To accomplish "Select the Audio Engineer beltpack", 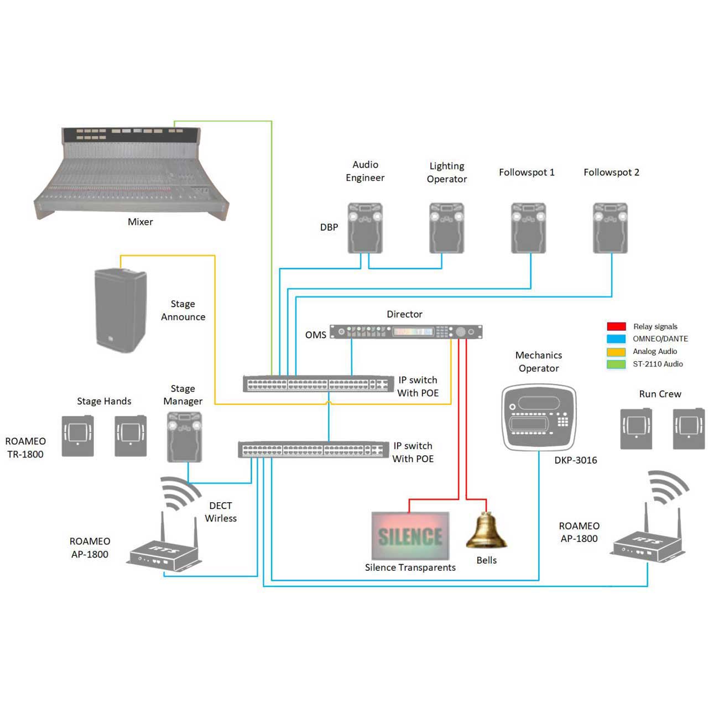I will click(x=365, y=228).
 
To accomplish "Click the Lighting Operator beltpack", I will click(x=447, y=228).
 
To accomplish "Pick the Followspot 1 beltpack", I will click(x=528, y=228).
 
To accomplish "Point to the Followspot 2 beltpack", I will click(x=610, y=228).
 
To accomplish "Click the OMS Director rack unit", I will click(x=406, y=331).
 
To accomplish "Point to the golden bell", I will click(x=486, y=530).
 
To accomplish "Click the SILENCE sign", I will click(x=410, y=535).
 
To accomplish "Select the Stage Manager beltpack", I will click(x=184, y=437).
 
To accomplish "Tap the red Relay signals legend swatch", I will click(x=616, y=326).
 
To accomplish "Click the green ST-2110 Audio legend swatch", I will click(x=616, y=364).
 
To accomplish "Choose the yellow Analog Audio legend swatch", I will click(x=616, y=351).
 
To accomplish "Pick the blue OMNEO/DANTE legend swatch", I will click(x=616, y=339).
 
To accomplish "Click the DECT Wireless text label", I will click(x=221, y=512).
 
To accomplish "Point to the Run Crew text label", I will click(x=660, y=394).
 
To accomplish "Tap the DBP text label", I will click(x=329, y=227).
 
